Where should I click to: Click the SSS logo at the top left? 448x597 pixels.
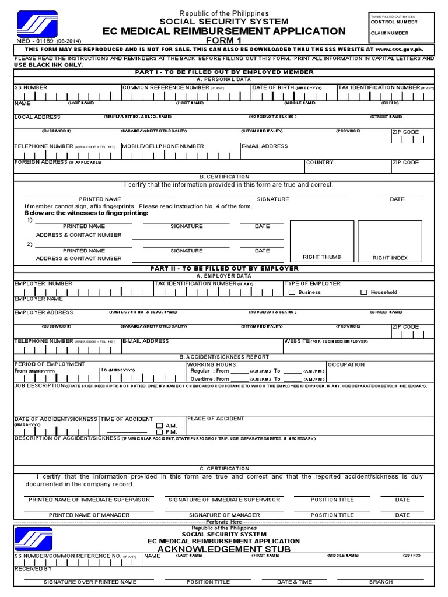click(37, 25)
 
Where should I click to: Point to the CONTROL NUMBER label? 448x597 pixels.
click(394, 22)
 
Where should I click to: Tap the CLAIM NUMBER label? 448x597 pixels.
click(389, 33)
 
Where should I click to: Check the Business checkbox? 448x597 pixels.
click(292, 293)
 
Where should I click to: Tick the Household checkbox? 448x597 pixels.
click(364, 293)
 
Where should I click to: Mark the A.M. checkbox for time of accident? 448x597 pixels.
click(160, 426)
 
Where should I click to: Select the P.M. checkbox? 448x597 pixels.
click(160, 432)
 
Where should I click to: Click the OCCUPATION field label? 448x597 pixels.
click(346, 365)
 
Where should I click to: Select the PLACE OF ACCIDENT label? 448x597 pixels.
click(216, 419)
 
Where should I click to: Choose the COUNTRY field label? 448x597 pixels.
click(320, 163)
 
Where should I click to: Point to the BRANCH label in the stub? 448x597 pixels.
click(380, 582)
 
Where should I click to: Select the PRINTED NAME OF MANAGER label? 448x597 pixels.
click(89, 515)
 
